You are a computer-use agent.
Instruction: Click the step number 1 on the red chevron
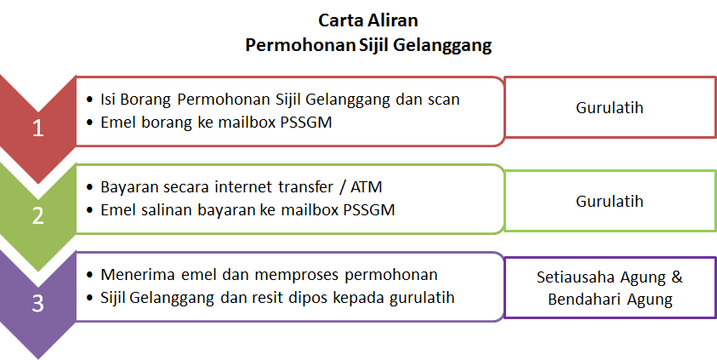tap(38, 129)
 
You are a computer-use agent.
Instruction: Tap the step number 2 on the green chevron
tap(38, 216)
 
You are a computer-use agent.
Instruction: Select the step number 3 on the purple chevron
tap(38, 303)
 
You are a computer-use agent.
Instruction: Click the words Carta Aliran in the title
tap(368, 20)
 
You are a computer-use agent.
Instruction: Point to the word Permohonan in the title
tap(300, 45)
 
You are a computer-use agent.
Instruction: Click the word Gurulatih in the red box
tap(610, 107)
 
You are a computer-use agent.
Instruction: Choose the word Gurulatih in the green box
tap(610, 201)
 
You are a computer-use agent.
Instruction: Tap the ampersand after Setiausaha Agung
tap(677, 277)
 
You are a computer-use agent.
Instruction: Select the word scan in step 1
tap(443, 100)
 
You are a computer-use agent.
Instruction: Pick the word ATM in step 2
tap(366, 186)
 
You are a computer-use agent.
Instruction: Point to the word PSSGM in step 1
tap(306, 123)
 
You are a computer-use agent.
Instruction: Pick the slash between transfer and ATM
tap(343, 187)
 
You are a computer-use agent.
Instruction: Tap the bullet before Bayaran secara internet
tap(89, 187)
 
